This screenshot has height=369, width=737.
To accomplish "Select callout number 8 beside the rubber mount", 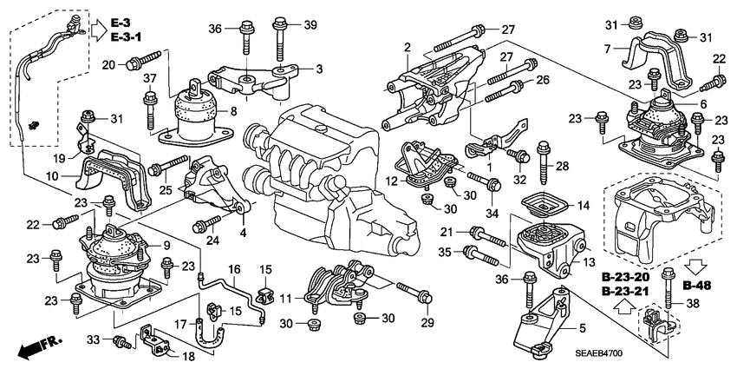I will point(232,111).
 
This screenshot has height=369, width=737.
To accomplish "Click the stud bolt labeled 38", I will point(667,292).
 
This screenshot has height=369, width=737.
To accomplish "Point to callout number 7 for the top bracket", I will point(607,49).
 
